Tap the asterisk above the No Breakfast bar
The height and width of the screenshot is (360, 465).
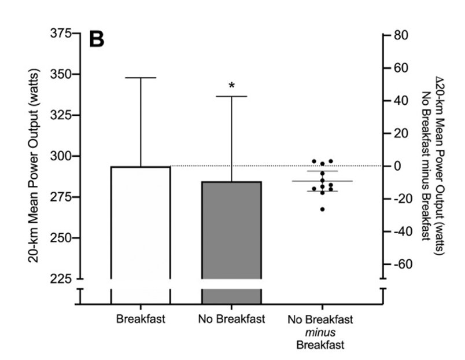click(232, 86)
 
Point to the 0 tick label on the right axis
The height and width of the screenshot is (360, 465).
click(397, 166)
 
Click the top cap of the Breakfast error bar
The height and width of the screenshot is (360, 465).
click(141, 78)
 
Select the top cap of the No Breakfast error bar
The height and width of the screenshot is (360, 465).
click(232, 97)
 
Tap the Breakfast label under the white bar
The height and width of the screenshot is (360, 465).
click(140, 319)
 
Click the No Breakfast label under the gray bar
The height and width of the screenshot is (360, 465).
click(231, 319)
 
